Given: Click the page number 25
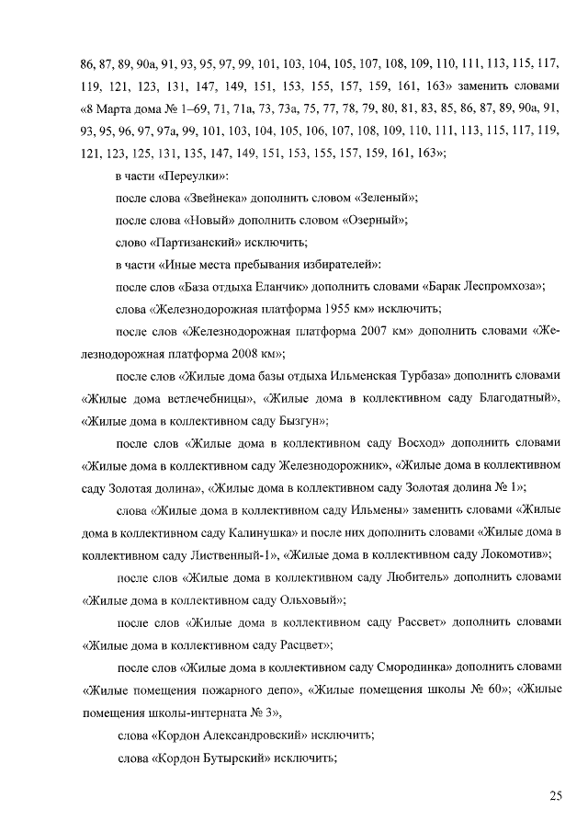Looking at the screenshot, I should coord(555,796).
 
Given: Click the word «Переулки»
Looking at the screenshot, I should coord(198,176).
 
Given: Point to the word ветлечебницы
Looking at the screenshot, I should coord(204,398).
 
